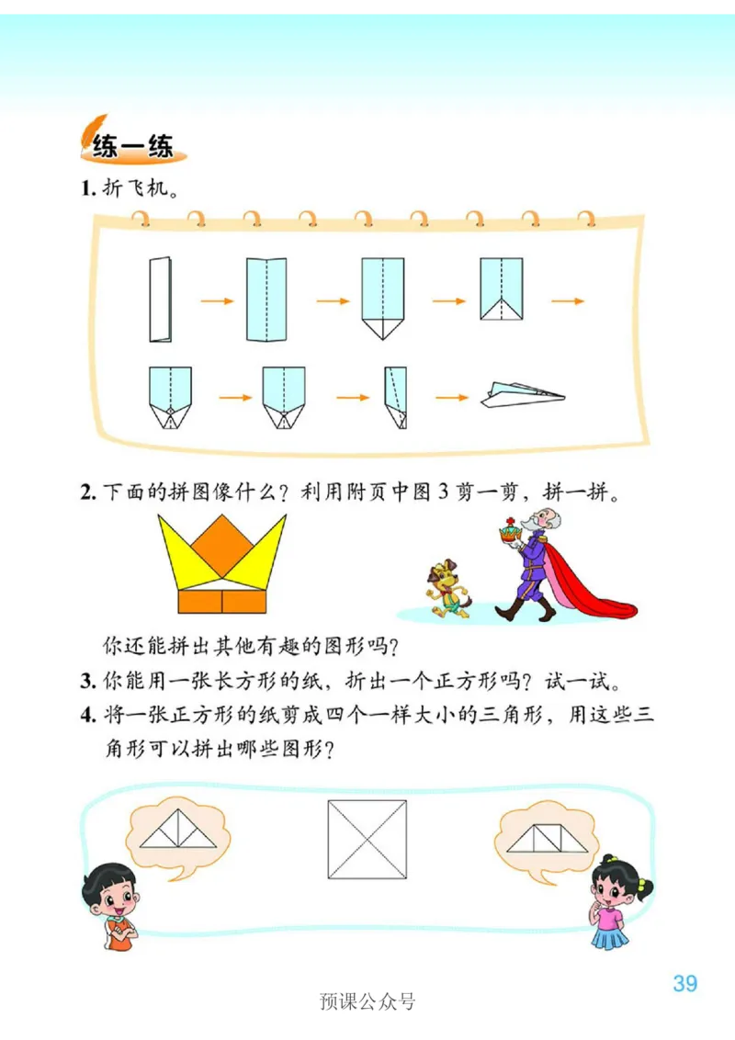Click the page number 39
684,982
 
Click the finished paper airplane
519,394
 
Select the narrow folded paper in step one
160,300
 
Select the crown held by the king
508,530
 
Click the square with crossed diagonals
367,839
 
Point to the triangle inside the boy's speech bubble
178,832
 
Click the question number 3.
87,682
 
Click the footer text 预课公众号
367,1000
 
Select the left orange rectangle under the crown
199,601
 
